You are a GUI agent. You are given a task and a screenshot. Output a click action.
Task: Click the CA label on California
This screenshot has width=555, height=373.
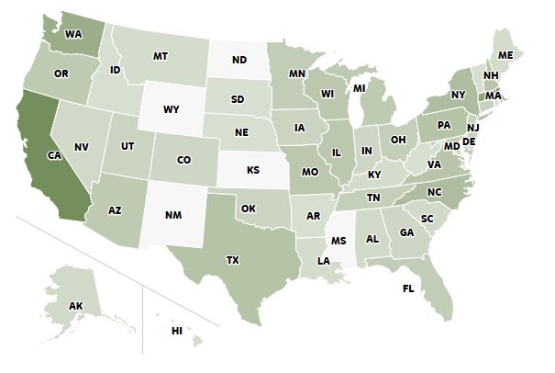54,155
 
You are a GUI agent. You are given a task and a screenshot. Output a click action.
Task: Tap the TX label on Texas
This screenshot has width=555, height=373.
232,261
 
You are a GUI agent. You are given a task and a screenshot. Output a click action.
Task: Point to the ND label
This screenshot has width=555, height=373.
239,62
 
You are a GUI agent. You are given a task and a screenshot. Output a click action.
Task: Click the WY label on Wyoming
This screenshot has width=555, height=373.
171,109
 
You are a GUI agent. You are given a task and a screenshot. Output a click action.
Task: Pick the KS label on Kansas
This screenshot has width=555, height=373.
253,170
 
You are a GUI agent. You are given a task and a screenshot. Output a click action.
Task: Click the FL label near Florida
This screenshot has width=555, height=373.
408,289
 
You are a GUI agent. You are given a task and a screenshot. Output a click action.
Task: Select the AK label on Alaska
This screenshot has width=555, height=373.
78,306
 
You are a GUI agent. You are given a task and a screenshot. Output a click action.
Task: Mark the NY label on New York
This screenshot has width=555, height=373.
459,95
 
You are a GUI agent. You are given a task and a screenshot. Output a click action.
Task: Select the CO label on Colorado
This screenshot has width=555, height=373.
183,161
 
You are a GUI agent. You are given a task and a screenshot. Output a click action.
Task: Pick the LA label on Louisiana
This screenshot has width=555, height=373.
324,260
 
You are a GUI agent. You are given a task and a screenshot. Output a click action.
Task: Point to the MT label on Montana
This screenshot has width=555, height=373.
161,56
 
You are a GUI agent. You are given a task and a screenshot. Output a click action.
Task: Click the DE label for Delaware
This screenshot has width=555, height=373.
468,143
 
